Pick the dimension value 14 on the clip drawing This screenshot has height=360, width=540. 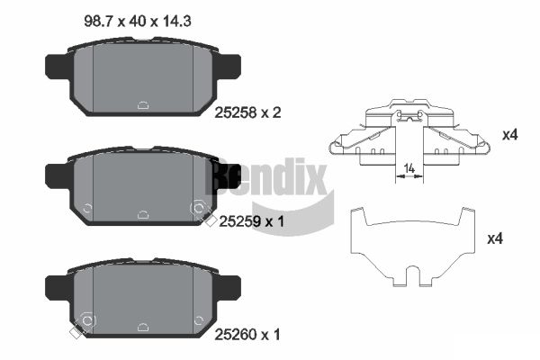(409, 167)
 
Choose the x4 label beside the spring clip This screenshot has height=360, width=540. (509, 135)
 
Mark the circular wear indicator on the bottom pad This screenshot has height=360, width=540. (87, 320)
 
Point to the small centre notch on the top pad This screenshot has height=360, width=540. (143, 103)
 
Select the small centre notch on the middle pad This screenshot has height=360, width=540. (143, 215)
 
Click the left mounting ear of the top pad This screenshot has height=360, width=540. (56, 68)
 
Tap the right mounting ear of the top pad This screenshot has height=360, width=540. (229, 68)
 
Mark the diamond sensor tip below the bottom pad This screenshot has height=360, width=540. (74, 335)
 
